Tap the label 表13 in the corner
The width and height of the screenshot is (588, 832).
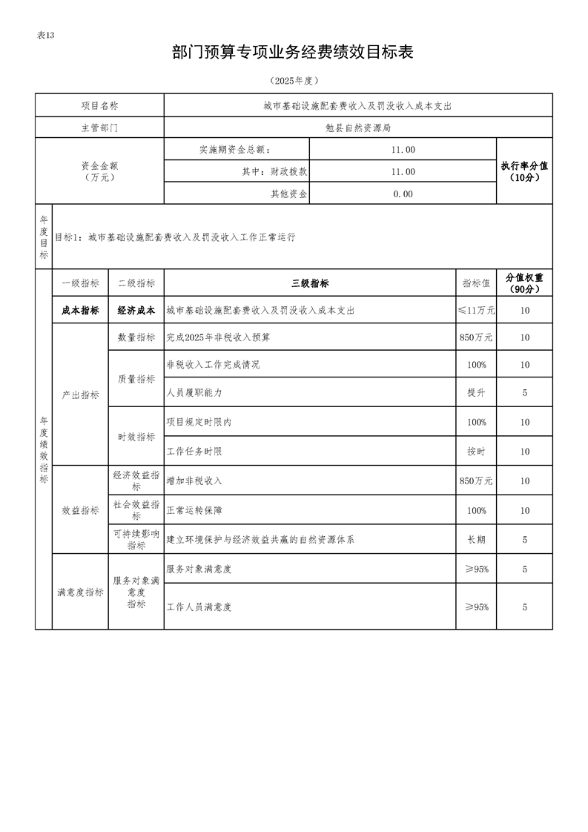(x=46, y=36)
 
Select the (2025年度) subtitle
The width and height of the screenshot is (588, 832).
(x=293, y=80)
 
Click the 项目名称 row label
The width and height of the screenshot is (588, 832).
(x=99, y=106)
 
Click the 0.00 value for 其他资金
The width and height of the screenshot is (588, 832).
(x=403, y=194)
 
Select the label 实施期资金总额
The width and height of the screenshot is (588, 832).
(x=236, y=150)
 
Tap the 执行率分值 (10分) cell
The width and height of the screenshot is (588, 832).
(x=524, y=172)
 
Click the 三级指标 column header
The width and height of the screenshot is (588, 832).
(x=310, y=283)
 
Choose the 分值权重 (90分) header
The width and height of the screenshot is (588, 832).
(x=524, y=283)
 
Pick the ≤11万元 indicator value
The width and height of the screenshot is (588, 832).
(x=476, y=311)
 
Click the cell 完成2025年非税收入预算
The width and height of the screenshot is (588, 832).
(x=219, y=337)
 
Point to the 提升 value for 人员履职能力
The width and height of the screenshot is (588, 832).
(x=476, y=393)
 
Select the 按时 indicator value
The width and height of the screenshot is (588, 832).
(x=476, y=452)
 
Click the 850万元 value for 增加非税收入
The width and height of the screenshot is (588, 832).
(x=476, y=481)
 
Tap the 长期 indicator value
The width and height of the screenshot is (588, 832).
(x=476, y=540)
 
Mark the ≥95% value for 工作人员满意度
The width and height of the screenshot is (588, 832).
(x=476, y=607)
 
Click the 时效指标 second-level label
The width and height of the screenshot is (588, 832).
(x=136, y=437)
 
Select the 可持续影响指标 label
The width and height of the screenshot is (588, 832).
(x=136, y=540)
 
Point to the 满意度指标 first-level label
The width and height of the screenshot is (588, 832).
(x=80, y=592)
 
